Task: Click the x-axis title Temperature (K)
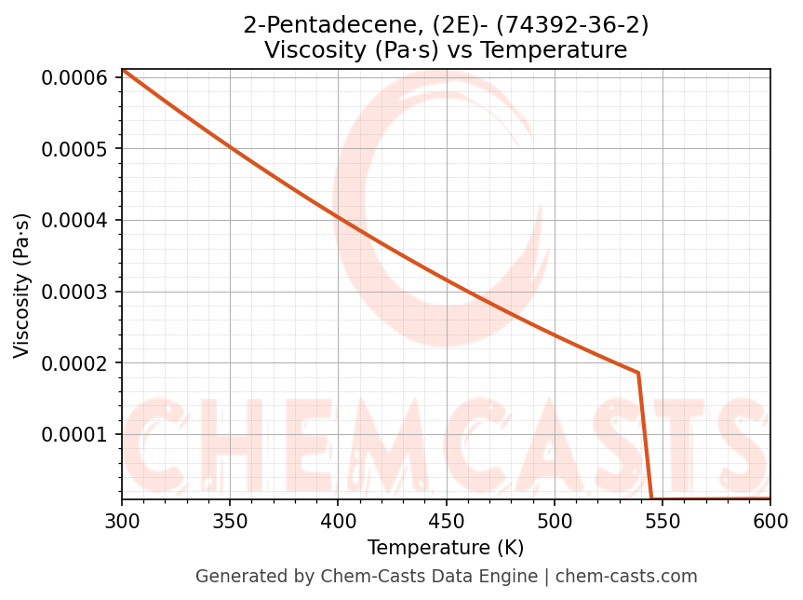click(446, 547)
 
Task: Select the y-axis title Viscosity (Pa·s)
click(22, 285)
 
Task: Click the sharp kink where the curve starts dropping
click(638, 373)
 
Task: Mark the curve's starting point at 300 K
click(122, 70)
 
